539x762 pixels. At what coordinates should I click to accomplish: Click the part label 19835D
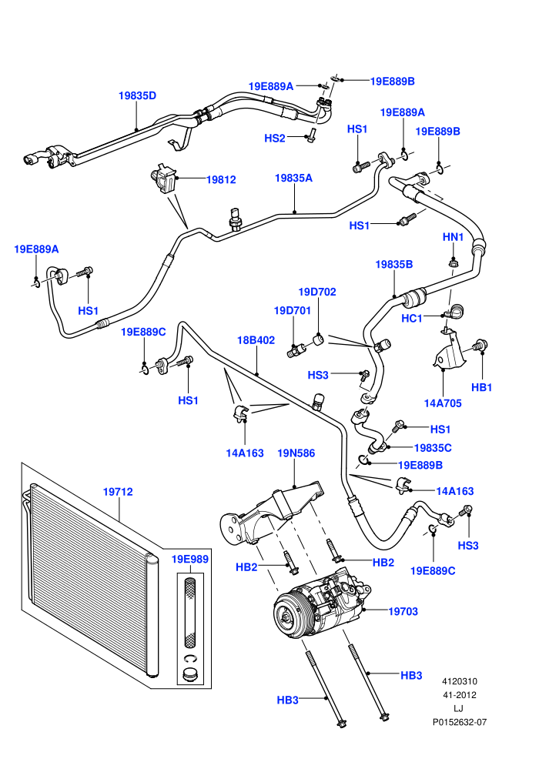[x=138, y=95]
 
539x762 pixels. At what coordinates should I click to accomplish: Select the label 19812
[x=221, y=180]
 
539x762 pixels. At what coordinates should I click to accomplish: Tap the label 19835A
[x=293, y=179]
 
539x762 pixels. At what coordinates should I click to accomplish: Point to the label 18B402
[x=256, y=340]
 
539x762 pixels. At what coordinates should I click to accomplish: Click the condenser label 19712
[x=118, y=492]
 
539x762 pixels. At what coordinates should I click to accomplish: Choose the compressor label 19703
[x=403, y=611]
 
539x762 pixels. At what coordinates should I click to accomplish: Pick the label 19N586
[x=296, y=453]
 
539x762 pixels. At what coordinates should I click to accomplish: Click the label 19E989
[x=190, y=560]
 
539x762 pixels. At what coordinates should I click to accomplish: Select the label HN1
[x=453, y=237]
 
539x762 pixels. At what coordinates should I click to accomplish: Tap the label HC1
[x=412, y=319]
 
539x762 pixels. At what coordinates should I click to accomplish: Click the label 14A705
[x=443, y=403]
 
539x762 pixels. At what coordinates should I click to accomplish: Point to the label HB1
[x=482, y=387]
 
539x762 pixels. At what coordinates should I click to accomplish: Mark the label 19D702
[x=317, y=292]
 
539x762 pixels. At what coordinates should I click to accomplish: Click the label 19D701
[x=292, y=310]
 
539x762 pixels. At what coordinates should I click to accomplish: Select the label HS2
[x=275, y=139]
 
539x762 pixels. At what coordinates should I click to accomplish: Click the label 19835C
[x=433, y=448]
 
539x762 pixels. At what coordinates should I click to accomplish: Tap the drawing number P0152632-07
[x=460, y=722]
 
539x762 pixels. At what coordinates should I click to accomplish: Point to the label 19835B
[x=393, y=264]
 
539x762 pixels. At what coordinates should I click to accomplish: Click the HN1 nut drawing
[x=453, y=264]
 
